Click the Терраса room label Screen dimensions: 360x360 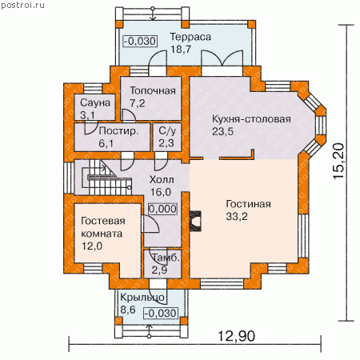click(190, 37)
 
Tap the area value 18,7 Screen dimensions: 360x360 click(181, 50)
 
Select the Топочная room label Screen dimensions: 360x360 click(153, 91)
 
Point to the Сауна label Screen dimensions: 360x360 click(95, 102)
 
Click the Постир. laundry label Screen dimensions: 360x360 click(118, 131)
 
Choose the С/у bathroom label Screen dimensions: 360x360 click(167, 131)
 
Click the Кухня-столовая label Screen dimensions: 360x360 click(251, 119)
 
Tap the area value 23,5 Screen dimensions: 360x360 click(222, 131)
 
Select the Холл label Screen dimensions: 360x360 click(162, 180)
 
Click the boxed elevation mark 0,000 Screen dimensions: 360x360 click(162, 209)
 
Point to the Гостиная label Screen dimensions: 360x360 click(248, 204)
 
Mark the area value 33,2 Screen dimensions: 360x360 click(237, 217)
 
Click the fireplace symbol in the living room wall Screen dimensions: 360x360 click(195, 221)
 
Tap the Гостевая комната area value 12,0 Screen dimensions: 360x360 click(92, 246)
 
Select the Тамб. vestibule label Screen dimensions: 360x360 click(166, 258)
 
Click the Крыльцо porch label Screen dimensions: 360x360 click(142, 298)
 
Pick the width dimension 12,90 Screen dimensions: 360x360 click(237, 336)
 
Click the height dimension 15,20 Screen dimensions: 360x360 click(338, 161)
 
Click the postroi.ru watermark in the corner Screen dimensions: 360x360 click(22, 5)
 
